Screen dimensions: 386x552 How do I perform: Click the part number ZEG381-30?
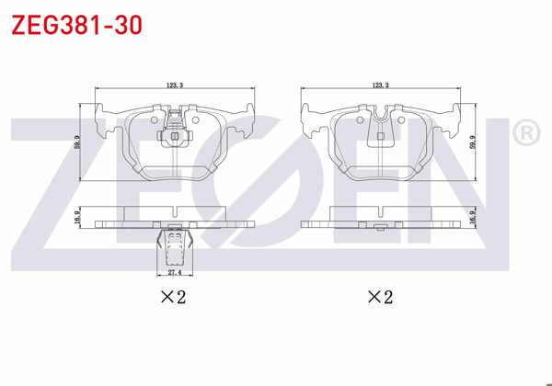[76, 25]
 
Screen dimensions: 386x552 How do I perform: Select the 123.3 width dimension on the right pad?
[380, 85]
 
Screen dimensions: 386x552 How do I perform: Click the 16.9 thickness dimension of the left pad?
[78, 218]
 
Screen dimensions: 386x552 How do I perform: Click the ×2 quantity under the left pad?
[175, 297]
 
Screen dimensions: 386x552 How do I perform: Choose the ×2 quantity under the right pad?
[380, 297]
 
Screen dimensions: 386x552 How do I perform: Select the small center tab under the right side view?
[378, 226]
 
